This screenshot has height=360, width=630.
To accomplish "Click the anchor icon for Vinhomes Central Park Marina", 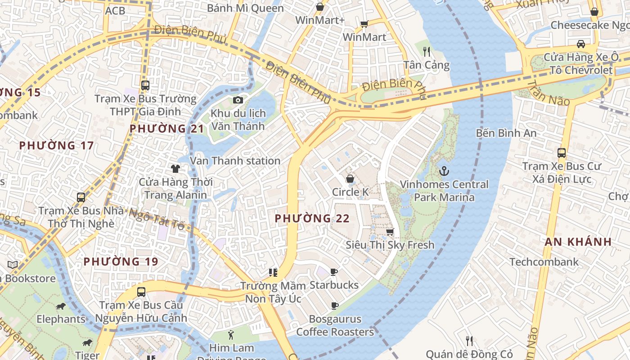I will (444, 171).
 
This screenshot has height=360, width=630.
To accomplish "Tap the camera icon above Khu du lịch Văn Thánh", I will (238, 100).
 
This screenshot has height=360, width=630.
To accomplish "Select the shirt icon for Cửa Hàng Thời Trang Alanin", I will (175, 169).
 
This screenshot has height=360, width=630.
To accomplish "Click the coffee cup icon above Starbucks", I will (333, 272).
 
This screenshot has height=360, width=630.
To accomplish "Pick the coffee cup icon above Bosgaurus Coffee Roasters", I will (334, 306).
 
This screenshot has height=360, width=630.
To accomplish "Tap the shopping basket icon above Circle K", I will (350, 179).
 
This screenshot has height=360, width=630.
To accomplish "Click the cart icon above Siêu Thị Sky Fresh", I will (390, 232).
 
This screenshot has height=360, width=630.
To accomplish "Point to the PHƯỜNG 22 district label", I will (312, 218).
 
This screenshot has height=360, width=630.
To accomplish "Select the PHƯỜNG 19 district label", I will (121, 261).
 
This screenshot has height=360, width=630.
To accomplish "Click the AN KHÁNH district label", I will (578, 242).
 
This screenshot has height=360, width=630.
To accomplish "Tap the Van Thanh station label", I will (235, 161).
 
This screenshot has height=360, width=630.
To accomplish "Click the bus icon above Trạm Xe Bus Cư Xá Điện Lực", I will (561, 153).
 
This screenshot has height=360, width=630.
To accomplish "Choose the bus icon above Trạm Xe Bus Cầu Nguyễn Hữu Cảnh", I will (141, 292).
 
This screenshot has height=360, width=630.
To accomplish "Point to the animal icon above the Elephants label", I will (61, 306).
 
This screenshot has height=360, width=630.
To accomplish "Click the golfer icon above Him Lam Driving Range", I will (231, 335).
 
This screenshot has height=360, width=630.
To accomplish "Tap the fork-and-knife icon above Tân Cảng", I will (427, 52).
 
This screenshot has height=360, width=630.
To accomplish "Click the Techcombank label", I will (544, 262).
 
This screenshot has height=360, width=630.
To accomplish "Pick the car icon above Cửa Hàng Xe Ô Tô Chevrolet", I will (580, 44).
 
